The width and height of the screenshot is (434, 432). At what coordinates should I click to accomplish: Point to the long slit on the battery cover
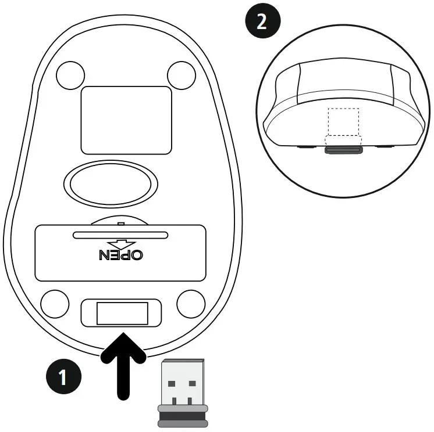120,235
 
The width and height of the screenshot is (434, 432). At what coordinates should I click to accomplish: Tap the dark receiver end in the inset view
343,149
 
